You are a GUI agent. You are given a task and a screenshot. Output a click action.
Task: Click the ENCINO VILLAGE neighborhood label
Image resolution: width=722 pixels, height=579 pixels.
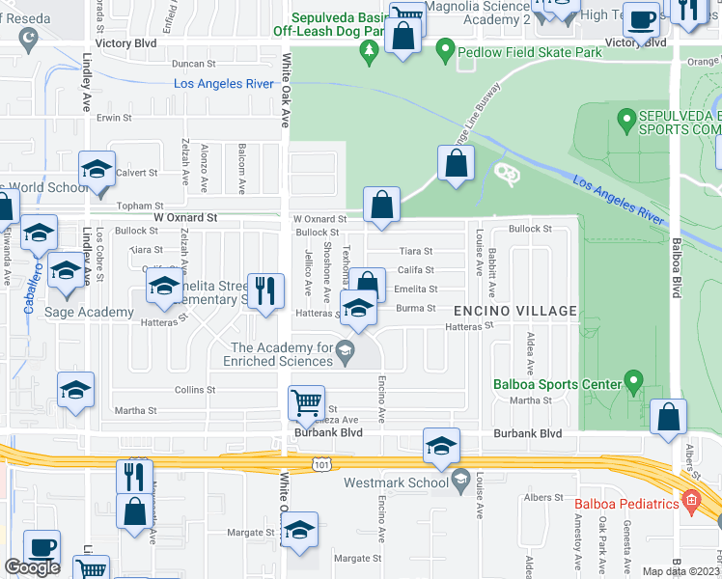click(515, 311)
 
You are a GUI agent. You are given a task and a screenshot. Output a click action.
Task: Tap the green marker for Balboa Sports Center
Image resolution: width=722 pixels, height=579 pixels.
click(632, 383)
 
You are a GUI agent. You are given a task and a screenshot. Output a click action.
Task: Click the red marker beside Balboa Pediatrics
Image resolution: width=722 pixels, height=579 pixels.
click(688, 503)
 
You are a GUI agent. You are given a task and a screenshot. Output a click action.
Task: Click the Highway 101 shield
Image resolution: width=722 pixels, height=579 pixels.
click(320, 465)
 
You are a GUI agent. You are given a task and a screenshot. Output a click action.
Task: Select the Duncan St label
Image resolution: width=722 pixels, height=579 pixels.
click(191, 63)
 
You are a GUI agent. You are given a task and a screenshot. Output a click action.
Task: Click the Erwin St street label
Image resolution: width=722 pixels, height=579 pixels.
click(113, 118)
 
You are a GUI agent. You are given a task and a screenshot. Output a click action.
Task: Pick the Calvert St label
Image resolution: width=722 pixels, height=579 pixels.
click(137, 173)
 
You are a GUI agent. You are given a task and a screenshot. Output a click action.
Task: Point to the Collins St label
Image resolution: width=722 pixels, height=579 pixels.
click(195, 390)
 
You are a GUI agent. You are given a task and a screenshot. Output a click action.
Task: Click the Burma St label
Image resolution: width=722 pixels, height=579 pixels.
click(415, 308)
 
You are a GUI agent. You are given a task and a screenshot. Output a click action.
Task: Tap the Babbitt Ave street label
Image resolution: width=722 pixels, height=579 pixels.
click(492, 273)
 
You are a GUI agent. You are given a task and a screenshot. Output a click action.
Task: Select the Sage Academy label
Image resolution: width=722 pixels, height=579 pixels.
click(89, 312)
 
